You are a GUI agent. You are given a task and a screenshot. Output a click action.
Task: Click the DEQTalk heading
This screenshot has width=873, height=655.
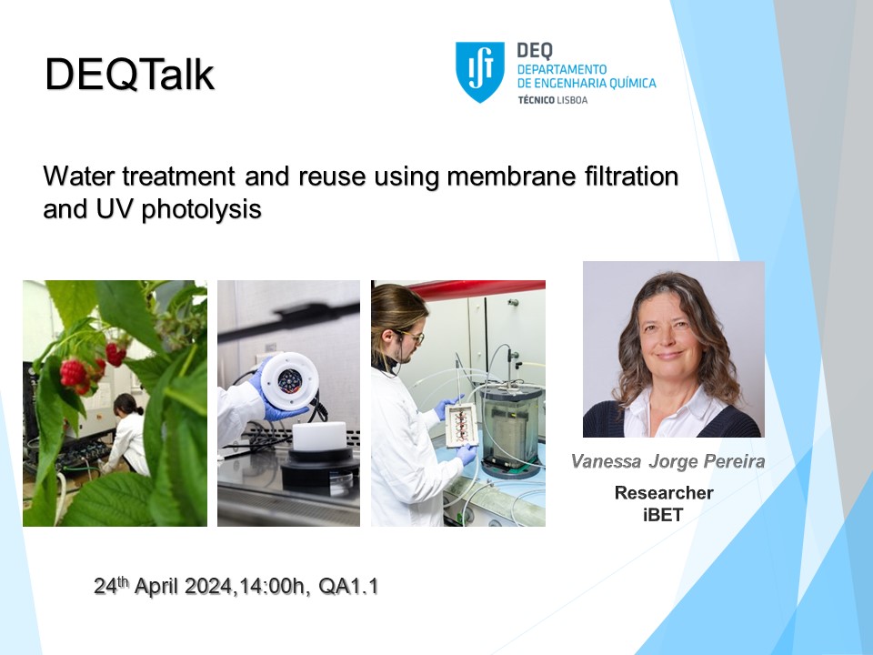[x=129, y=74]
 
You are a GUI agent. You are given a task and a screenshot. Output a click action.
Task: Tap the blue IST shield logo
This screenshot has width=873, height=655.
[x=480, y=72]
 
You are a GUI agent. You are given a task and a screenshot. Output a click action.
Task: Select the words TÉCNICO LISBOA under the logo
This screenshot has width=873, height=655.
[x=552, y=100]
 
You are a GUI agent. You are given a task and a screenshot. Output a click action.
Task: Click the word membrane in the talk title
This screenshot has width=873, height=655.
[x=512, y=176]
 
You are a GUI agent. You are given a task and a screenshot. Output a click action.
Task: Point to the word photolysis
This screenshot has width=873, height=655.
[x=202, y=210]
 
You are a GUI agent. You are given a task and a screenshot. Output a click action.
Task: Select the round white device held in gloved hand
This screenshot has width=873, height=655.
[x=289, y=381]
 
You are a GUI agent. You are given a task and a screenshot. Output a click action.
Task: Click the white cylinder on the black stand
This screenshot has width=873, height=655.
[x=319, y=436]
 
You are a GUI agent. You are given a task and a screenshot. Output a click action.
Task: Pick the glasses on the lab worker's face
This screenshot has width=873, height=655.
[x=412, y=336]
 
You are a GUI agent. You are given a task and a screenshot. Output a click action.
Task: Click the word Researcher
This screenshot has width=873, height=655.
[x=664, y=493]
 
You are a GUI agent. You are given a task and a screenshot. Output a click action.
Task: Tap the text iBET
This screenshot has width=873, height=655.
[x=663, y=515]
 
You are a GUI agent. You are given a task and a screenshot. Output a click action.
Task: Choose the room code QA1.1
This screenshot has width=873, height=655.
[x=348, y=587]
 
